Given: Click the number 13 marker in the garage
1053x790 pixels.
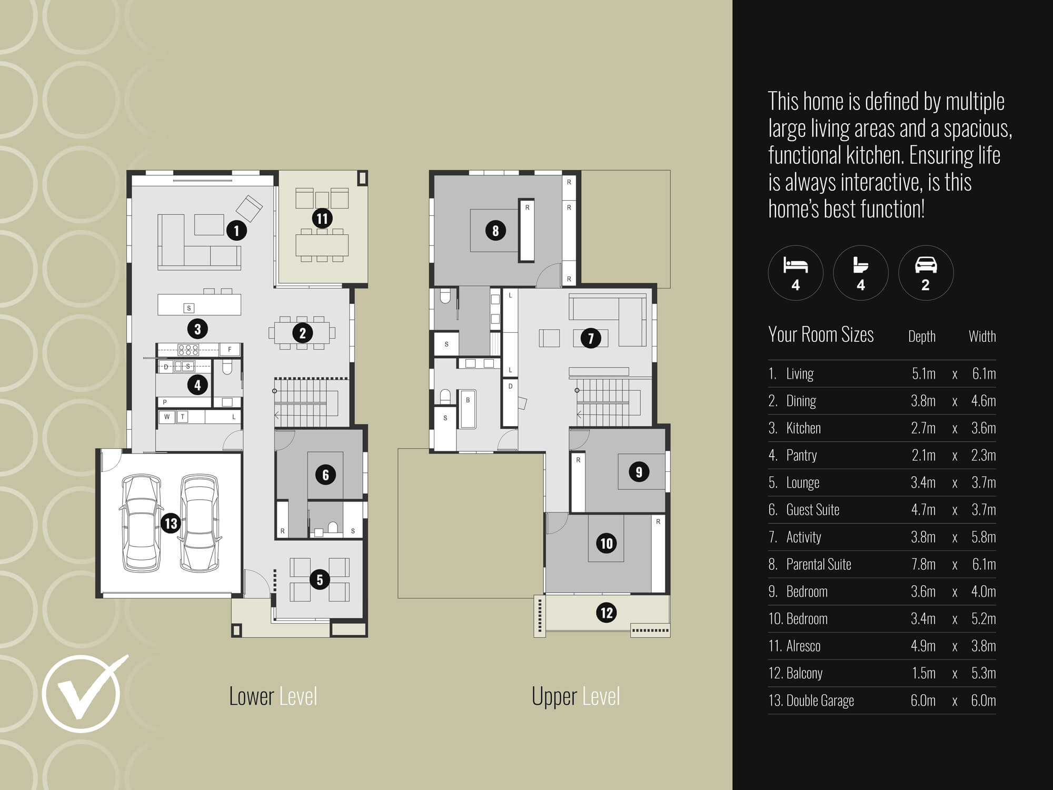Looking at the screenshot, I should click(171, 524).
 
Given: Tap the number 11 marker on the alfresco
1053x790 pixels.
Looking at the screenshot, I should click(322, 218).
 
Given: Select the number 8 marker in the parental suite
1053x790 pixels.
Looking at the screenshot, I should click(495, 230).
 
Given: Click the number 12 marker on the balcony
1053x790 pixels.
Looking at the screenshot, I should click(607, 613).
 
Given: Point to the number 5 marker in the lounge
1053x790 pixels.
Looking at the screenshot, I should click(320, 580).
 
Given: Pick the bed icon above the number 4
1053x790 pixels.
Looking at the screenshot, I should click(795, 265).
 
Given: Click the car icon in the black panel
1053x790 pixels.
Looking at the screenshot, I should click(926, 265).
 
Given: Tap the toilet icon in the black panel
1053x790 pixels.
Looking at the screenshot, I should click(860, 265).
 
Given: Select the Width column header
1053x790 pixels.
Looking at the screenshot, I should click(982, 337).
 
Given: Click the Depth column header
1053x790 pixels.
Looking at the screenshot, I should click(921, 337).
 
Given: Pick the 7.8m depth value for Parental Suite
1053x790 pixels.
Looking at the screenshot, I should click(923, 564).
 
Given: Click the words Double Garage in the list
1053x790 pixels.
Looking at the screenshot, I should click(820, 700).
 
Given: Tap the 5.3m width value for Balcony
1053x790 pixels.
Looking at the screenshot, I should click(983, 673).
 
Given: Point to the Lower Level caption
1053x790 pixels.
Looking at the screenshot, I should click(273, 696).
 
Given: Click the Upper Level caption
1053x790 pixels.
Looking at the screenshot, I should click(575, 696).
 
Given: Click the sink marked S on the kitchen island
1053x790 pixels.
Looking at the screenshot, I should click(189, 308).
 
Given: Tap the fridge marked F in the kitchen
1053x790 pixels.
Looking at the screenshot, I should click(230, 349).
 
